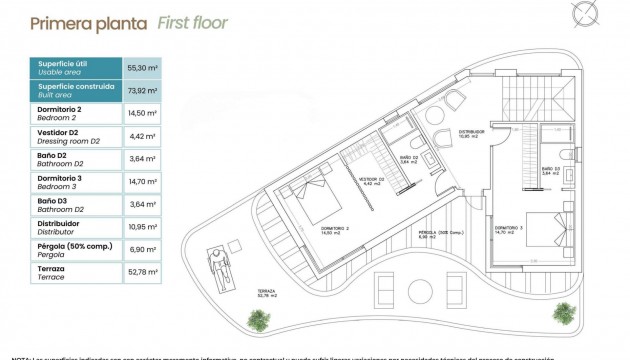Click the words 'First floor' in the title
[192, 22]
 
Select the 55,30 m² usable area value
[142, 67]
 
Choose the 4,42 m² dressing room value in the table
[142, 136]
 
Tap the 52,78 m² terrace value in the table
[142, 274]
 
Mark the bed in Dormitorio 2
[308, 205]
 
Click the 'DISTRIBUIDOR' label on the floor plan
[471, 131]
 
